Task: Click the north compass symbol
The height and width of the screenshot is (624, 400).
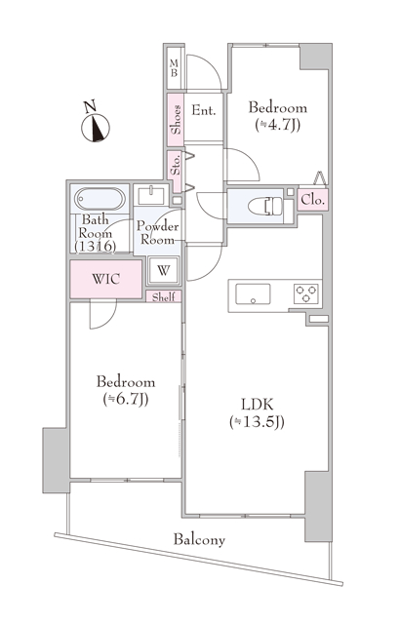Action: pos(96,128)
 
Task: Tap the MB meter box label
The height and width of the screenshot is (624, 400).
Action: pos(174,68)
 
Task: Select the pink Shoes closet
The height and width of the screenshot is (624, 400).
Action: pos(176,119)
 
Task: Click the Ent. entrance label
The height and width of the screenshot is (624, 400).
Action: pos(203,110)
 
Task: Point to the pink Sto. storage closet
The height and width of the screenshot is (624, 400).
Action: pos(175,172)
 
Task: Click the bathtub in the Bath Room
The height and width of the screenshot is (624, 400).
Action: pos(100,199)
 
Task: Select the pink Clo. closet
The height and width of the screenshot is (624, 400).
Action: pos(313,199)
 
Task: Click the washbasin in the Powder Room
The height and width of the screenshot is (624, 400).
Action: pos(151,196)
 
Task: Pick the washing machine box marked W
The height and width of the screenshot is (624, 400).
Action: pos(164,271)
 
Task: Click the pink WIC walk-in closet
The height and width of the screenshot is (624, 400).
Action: pos(106,279)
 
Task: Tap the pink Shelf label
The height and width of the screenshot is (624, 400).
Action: pos(164,296)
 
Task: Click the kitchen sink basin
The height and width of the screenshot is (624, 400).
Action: pos(253,294)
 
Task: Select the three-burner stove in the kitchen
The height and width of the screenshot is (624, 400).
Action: pos(306,294)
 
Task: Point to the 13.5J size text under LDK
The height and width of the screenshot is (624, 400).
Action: pos(258,422)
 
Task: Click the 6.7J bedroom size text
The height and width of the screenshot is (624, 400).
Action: pos(126,399)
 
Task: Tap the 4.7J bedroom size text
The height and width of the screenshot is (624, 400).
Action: pos(277,125)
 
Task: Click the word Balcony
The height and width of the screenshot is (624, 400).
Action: pos(199,539)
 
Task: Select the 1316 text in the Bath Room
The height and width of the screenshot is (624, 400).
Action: pos(96,247)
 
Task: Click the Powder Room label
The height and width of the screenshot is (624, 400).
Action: pos(158,233)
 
